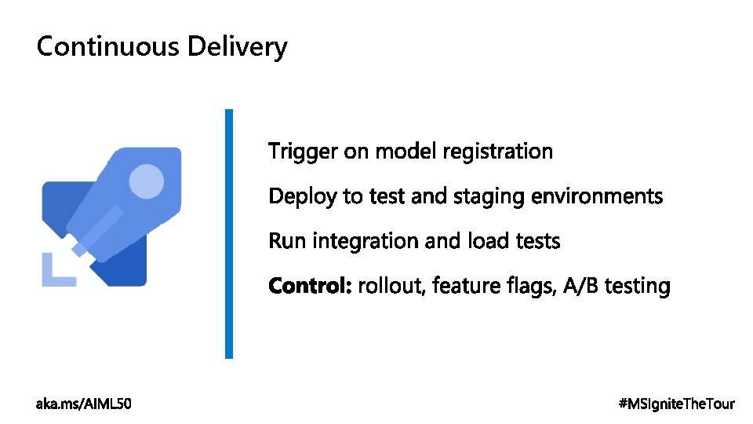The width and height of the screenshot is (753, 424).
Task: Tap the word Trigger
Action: click(304, 152)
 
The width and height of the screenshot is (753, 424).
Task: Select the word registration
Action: click(497, 152)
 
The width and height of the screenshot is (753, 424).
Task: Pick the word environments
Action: click(597, 196)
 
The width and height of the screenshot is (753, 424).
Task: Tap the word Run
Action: click(287, 240)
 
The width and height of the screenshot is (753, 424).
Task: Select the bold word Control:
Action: click(310, 286)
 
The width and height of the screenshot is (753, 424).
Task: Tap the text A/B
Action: click(580, 286)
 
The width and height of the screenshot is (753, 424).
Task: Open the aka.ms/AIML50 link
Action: click(84, 404)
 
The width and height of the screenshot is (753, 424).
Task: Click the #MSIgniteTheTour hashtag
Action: click(676, 404)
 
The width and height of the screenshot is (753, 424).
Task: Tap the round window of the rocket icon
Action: click(146, 181)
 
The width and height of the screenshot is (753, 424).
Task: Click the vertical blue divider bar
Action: click(229, 233)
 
